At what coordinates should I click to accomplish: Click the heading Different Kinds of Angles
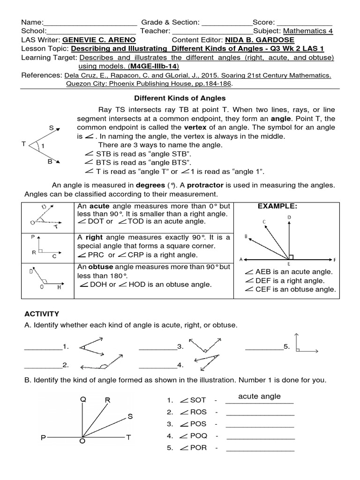click(x=180, y=98)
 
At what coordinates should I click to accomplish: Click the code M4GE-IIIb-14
click(x=155, y=66)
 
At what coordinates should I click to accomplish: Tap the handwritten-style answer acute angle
click(x=259, y=396)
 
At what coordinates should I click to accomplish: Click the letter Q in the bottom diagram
click(x=83, y=399)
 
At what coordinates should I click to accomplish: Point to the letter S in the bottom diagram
click(x=130, y=416)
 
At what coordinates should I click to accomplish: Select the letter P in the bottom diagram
click(x=43, y=438)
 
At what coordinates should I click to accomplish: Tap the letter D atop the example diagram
click(x=289, y=217)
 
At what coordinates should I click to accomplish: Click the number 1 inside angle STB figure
click(x=43, y=146)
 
